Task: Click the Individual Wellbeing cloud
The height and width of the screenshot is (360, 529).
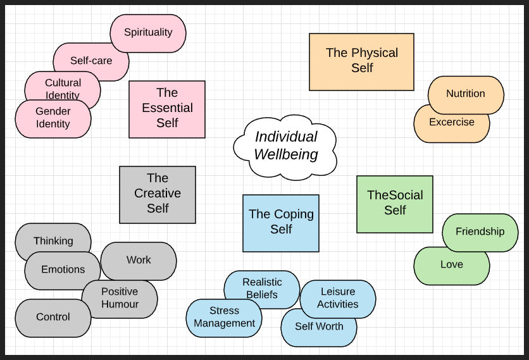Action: click(285, 146)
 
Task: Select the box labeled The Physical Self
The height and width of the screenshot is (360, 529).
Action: click(361, 61)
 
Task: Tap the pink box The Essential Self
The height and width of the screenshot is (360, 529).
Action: click(167, 109)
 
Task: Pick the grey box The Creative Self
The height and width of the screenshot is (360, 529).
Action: click(158, 194)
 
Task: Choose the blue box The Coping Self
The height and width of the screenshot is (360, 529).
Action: click(281, 223)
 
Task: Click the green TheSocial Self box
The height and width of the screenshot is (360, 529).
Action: click(395, 204)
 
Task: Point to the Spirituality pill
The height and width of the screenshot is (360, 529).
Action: click(148, 32)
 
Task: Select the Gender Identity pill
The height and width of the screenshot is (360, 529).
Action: click(53, 118)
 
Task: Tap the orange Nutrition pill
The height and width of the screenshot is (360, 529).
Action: click(466, 94)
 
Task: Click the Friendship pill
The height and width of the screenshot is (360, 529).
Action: click(480, 232)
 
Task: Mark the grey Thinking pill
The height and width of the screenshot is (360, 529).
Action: click(53, 240)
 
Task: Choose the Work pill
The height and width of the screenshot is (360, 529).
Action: click(139, 260)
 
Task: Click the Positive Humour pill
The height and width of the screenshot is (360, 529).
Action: click(120, 299)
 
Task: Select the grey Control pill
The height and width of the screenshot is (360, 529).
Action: click(53, 318)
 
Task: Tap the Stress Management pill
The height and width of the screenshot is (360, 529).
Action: click(224, 318)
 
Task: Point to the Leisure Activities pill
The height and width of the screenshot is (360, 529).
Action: click(338, 298)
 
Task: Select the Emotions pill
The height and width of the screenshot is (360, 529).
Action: click(63, 270)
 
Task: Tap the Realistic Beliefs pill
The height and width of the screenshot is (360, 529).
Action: click(261, 288)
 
